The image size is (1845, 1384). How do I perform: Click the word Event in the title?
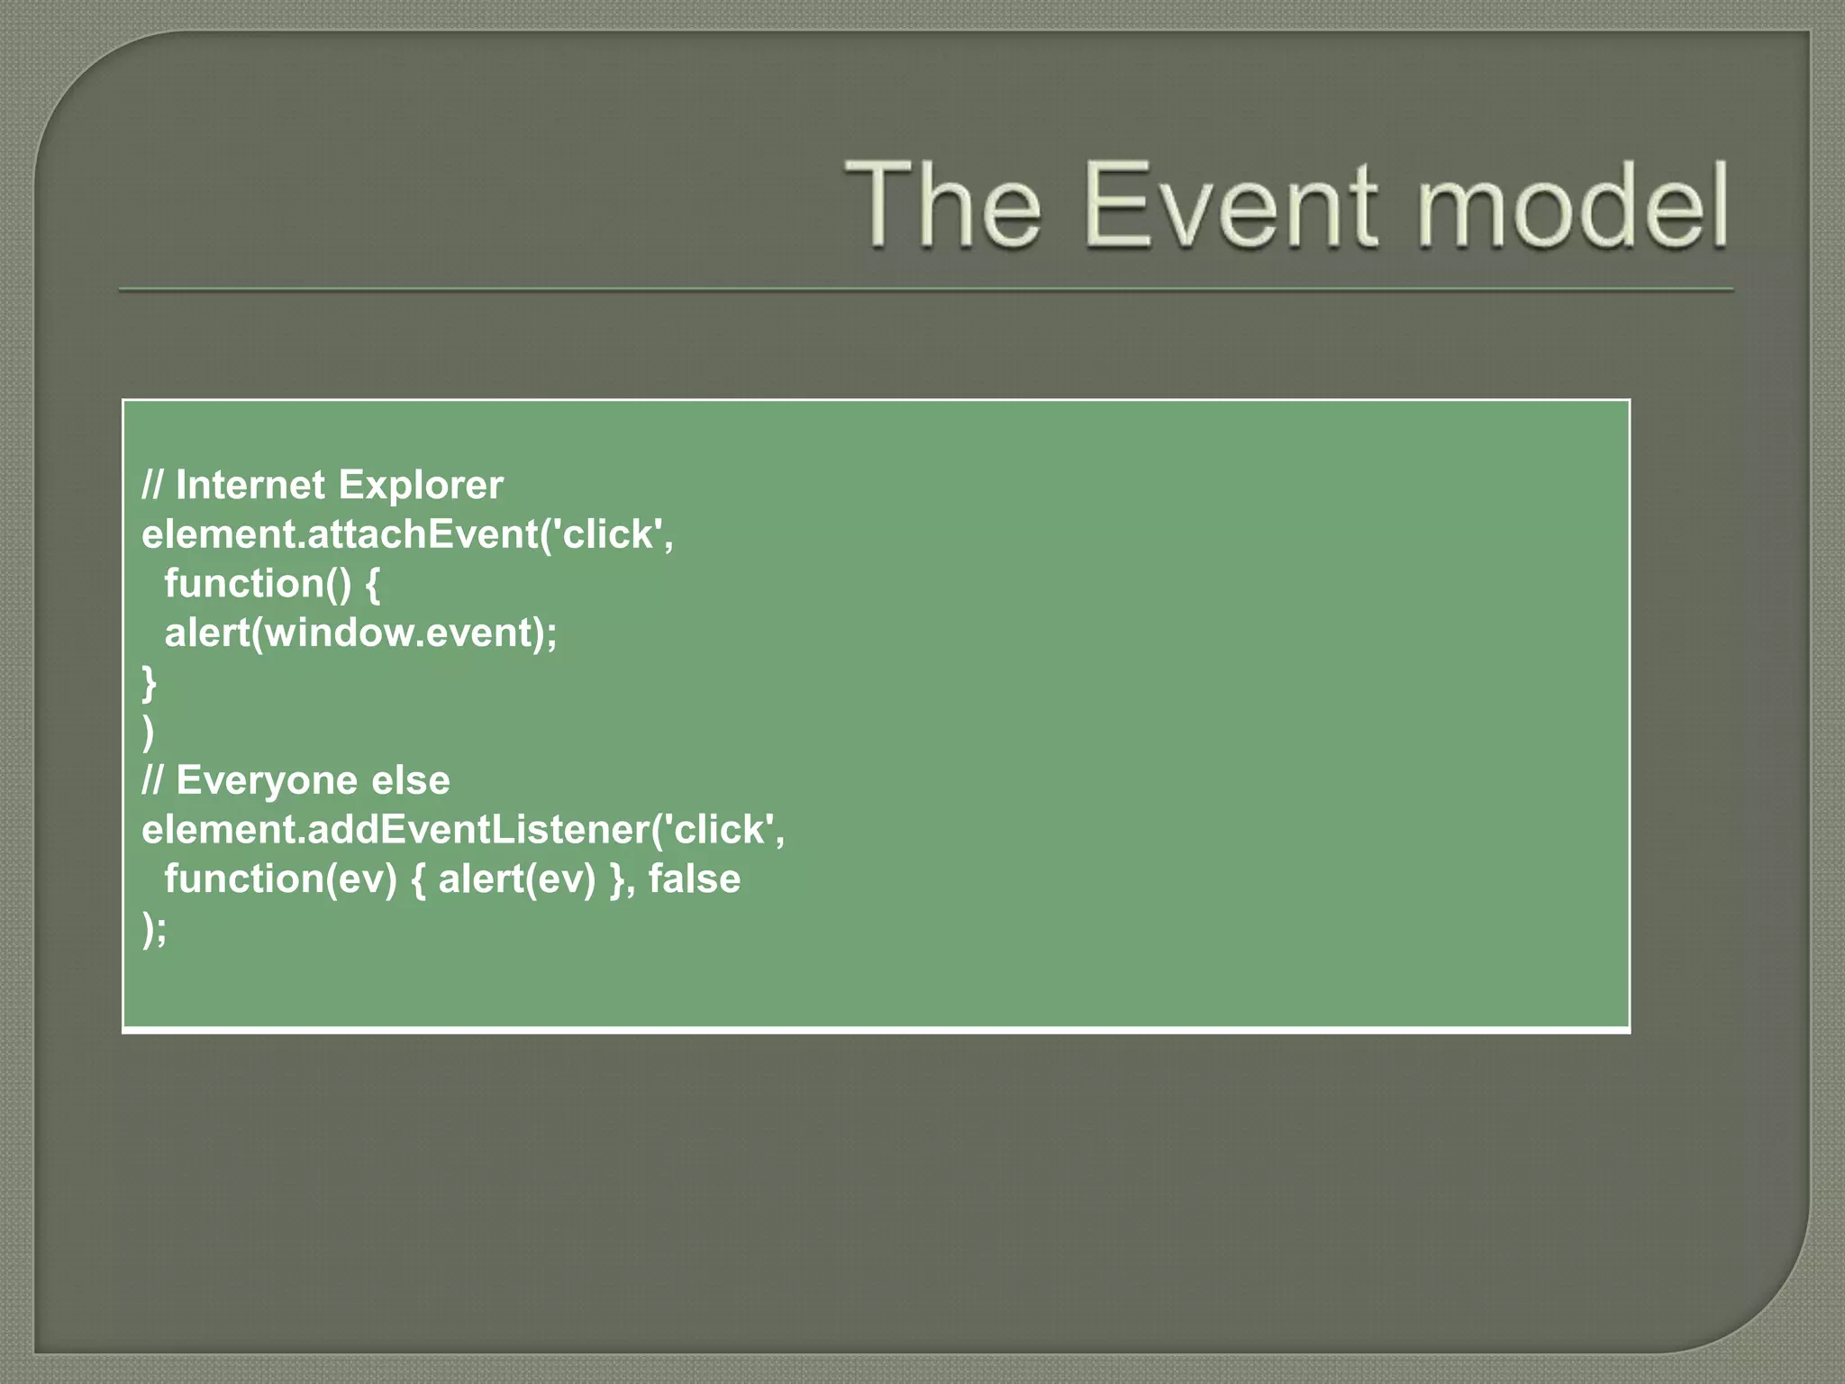1231,205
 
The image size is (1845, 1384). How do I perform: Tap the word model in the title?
1572,205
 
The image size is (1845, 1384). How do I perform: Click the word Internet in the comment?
250,486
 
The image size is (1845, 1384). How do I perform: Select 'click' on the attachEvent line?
612,535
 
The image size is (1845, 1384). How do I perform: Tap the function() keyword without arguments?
257,584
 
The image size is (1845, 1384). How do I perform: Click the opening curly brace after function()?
372,585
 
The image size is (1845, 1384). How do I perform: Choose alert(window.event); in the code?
360,633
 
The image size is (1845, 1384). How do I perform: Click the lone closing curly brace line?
149,683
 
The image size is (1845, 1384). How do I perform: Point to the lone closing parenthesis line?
149,733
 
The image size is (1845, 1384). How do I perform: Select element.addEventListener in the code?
395,830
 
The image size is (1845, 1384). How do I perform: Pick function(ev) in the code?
280,879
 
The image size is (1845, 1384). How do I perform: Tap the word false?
694,879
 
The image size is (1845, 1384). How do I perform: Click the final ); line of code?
154,928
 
